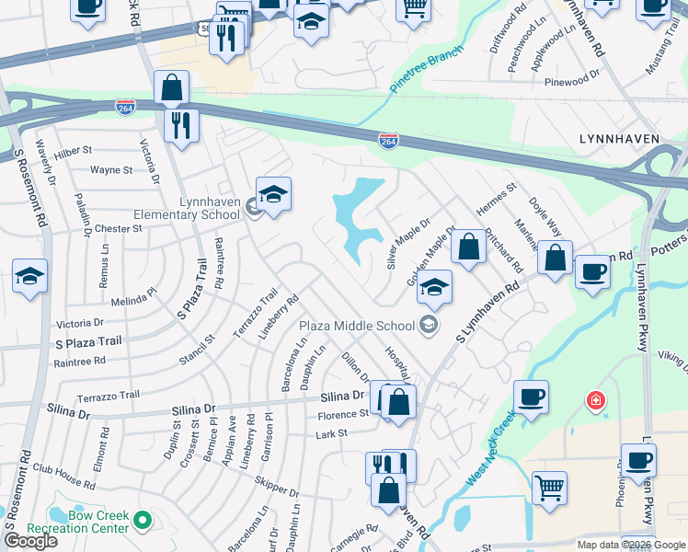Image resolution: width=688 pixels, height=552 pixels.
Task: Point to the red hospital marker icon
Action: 596,401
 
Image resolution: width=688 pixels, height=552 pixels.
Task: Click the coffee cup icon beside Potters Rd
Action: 592,270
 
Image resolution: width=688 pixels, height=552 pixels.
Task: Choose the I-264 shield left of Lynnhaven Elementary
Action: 127,108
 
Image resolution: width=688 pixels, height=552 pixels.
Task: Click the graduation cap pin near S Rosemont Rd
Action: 29,274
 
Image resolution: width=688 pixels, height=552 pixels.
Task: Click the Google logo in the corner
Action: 29,540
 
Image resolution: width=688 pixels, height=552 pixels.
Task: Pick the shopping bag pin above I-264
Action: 172,88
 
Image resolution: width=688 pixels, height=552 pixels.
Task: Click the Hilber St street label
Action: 74,150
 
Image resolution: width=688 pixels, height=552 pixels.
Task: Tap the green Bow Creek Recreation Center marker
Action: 143,522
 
